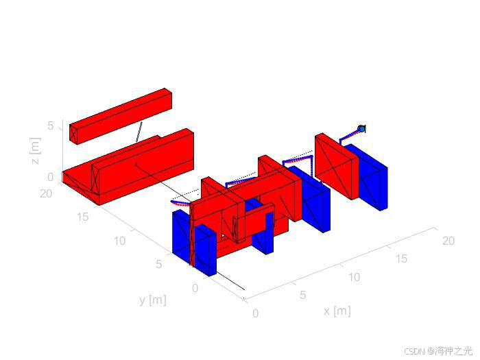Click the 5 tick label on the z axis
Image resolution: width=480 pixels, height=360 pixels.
point(51,125)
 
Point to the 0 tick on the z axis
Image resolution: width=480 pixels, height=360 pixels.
point(51,177)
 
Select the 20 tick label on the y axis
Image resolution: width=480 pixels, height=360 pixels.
point(46,193)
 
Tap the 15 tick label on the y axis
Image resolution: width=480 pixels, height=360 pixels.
point(83,217)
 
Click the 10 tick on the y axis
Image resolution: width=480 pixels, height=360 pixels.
point(120,241)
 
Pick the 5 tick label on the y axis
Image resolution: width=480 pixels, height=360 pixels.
point(158,264)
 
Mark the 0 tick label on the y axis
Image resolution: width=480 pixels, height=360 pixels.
point(195,288)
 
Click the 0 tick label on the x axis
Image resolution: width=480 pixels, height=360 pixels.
point(255,313)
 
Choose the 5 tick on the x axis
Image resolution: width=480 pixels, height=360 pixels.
point(303,295)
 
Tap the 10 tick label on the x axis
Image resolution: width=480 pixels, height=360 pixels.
point(354,277)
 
